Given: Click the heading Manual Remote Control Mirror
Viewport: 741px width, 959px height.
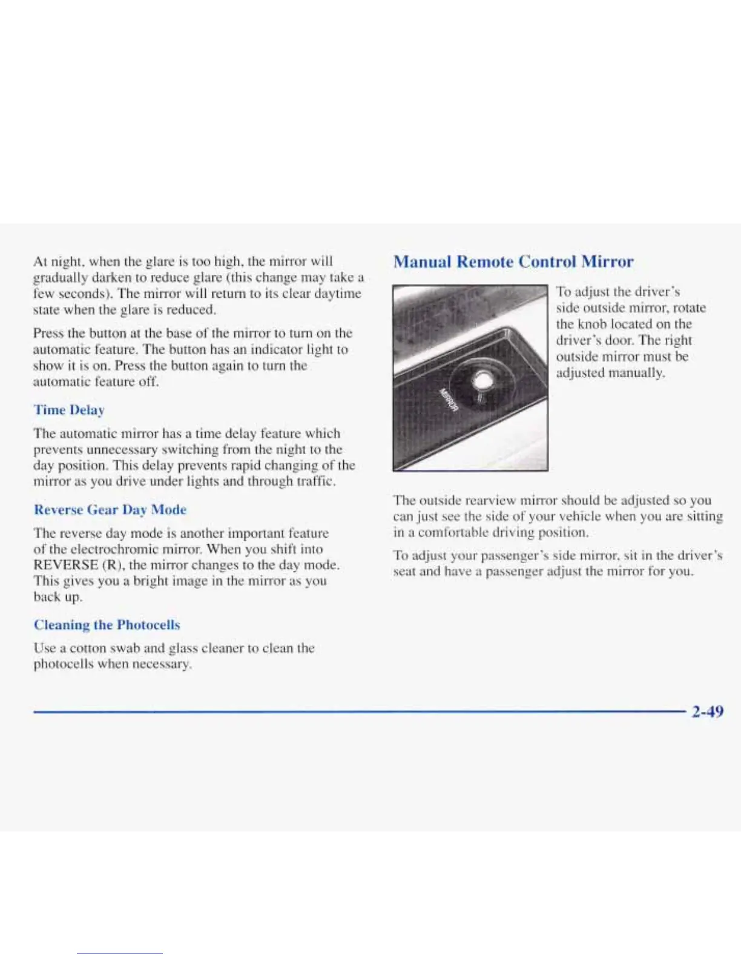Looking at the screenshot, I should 513,262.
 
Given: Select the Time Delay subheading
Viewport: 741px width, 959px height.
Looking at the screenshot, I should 69,410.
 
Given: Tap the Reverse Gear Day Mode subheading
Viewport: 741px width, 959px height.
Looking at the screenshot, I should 110,510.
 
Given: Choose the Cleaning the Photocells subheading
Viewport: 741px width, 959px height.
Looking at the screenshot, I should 107,625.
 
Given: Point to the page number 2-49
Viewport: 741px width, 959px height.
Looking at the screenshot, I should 707,711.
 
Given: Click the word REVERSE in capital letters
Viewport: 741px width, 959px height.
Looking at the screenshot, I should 66,565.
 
